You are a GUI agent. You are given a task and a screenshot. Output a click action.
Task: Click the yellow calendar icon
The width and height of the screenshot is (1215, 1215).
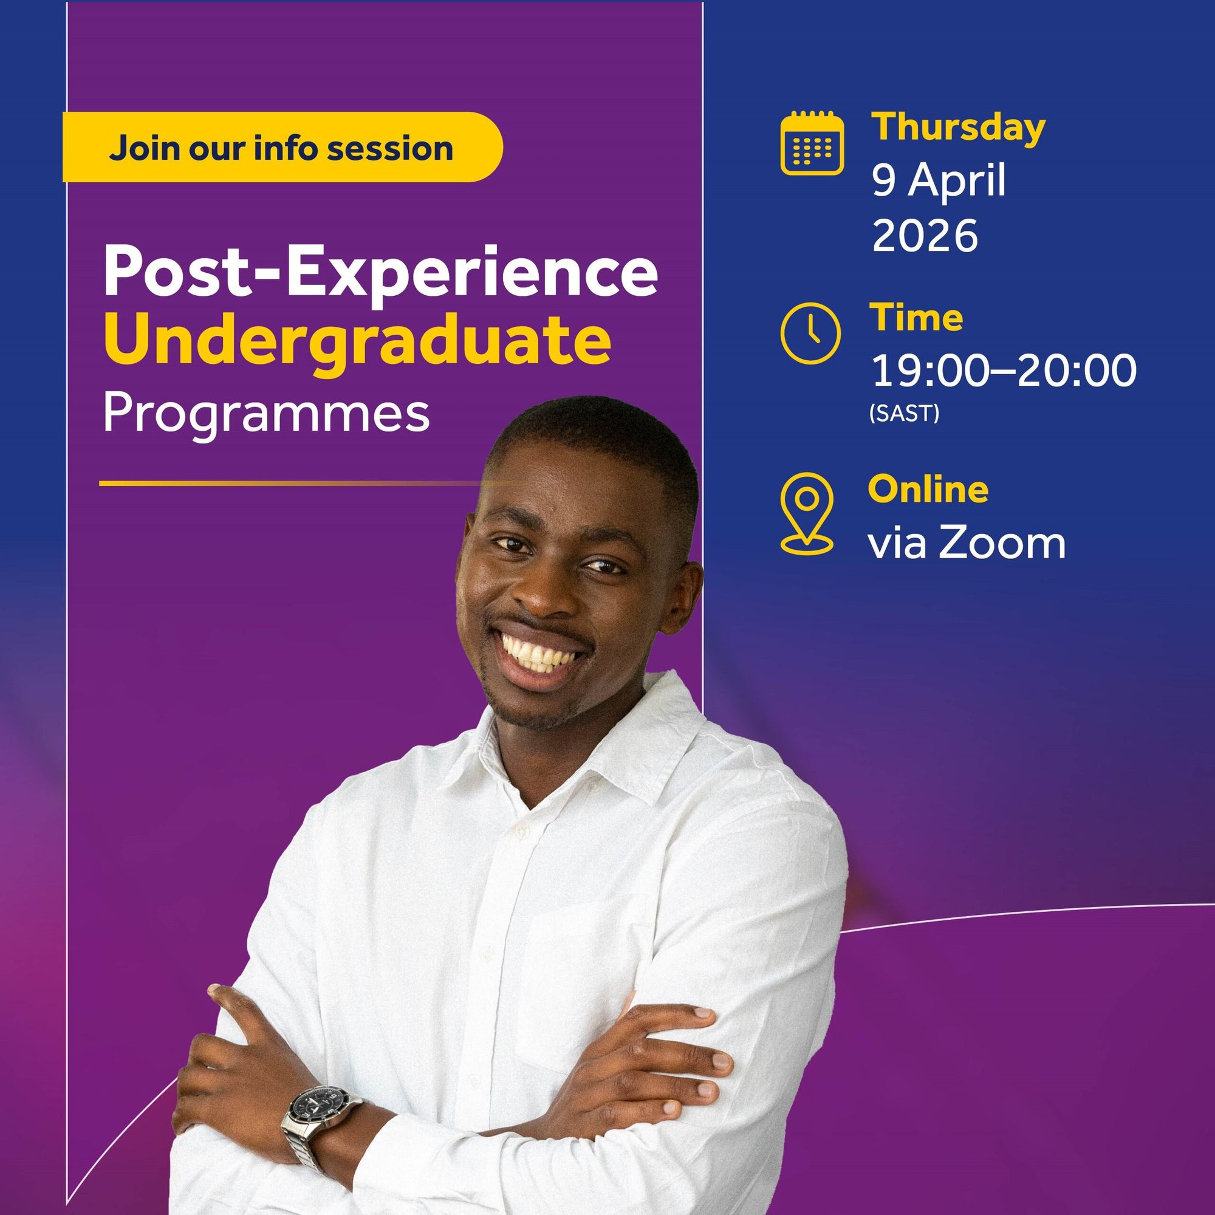812,143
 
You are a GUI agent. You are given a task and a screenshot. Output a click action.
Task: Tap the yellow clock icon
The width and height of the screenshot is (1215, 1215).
810,334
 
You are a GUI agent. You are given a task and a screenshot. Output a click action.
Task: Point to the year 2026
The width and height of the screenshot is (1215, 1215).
925,236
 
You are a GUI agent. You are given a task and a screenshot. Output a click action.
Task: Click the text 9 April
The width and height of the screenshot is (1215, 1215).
939,181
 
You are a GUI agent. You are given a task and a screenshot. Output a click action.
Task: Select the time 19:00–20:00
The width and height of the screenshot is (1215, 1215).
1004,371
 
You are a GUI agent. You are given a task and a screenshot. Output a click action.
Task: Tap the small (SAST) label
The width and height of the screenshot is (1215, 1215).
905,413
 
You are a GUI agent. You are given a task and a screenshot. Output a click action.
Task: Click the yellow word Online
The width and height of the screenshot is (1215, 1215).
928,489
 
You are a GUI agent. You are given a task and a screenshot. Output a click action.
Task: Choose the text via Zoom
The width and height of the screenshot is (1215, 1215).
967,542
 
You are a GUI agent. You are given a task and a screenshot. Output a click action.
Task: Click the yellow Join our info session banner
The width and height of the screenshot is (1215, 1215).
282,147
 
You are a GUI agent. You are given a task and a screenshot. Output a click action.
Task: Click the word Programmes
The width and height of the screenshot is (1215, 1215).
266,415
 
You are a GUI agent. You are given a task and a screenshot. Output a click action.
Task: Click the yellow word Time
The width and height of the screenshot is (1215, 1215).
916,317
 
